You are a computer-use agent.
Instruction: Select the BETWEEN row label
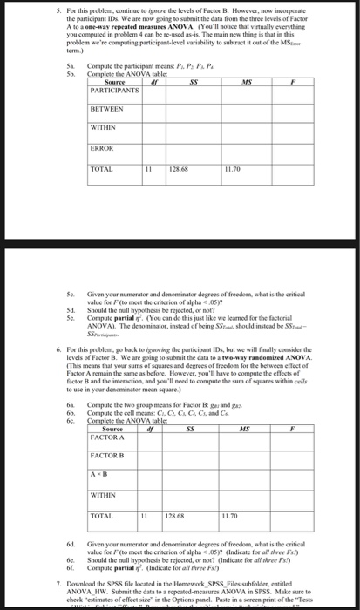[x=106, y=111]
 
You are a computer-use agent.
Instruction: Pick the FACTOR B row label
[x=106, y=457]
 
